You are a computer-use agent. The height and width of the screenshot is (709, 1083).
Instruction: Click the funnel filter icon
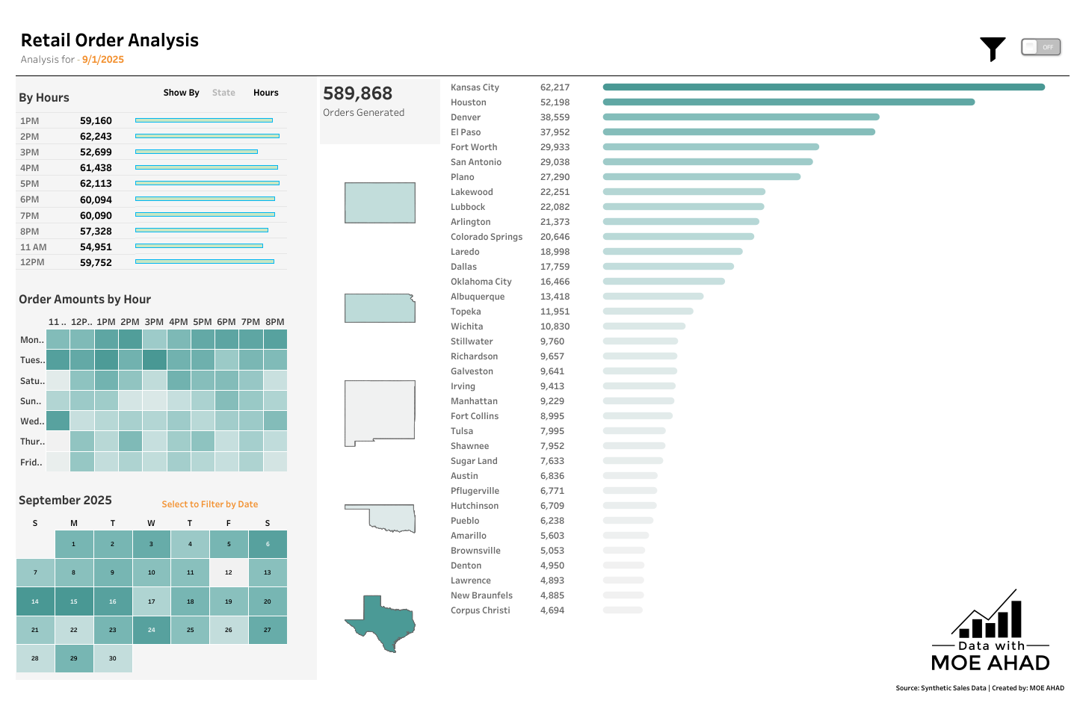coord(993,49)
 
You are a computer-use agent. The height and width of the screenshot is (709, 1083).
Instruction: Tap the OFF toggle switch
coord(1040,47)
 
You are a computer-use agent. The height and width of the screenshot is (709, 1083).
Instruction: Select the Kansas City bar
coord(823,87)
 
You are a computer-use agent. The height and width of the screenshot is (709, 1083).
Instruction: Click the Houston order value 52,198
coord(555,102)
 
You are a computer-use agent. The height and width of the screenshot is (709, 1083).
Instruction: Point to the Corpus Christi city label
coord(480,610)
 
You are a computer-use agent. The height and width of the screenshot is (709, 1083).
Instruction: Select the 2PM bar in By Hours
coord(207,136)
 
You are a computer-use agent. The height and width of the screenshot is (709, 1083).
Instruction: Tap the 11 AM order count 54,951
coord(96,247)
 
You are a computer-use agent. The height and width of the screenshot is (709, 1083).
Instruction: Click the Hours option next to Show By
coord(265,93)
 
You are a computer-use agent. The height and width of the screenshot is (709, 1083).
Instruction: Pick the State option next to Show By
coord(223,93)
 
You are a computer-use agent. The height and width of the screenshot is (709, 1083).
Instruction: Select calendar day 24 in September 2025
coord(151,630)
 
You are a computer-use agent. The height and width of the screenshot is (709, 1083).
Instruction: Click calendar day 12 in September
coord(229,572)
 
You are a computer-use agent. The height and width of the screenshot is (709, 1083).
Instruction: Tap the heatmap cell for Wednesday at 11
coord(58,421)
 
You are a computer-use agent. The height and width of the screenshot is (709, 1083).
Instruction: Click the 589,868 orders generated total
coord(357,93)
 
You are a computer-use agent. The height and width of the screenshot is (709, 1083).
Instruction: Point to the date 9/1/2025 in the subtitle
coord(103,60)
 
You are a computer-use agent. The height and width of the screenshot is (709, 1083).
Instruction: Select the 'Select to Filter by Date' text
coord(209,504)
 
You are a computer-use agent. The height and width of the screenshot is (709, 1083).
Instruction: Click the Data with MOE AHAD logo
coord(990,632)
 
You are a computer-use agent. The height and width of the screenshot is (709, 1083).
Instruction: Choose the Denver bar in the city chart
coord(741,117)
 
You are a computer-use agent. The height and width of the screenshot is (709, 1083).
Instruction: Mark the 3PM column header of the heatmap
coord(154,322)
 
